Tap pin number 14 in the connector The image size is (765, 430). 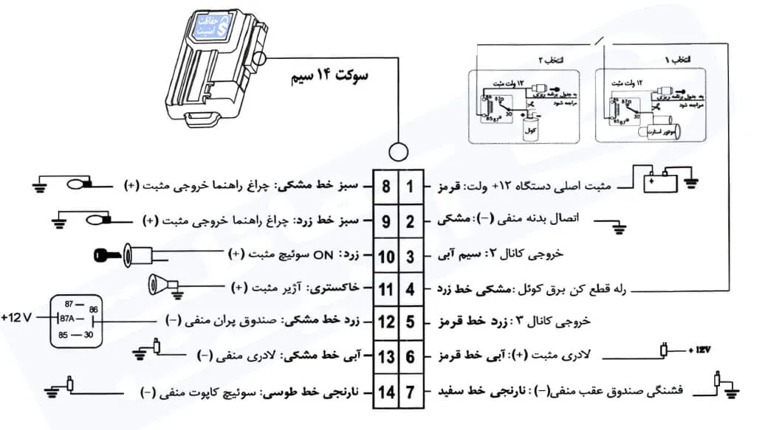click(x=385, y=392)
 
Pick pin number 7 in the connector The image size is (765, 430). click(x=411, y=392)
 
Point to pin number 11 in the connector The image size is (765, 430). click(x=385, y=289)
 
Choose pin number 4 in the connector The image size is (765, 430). click(x=411, y=289)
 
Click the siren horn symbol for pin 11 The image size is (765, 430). click(x=162, y=283)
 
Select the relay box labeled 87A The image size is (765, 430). click(x=75, y=319)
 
